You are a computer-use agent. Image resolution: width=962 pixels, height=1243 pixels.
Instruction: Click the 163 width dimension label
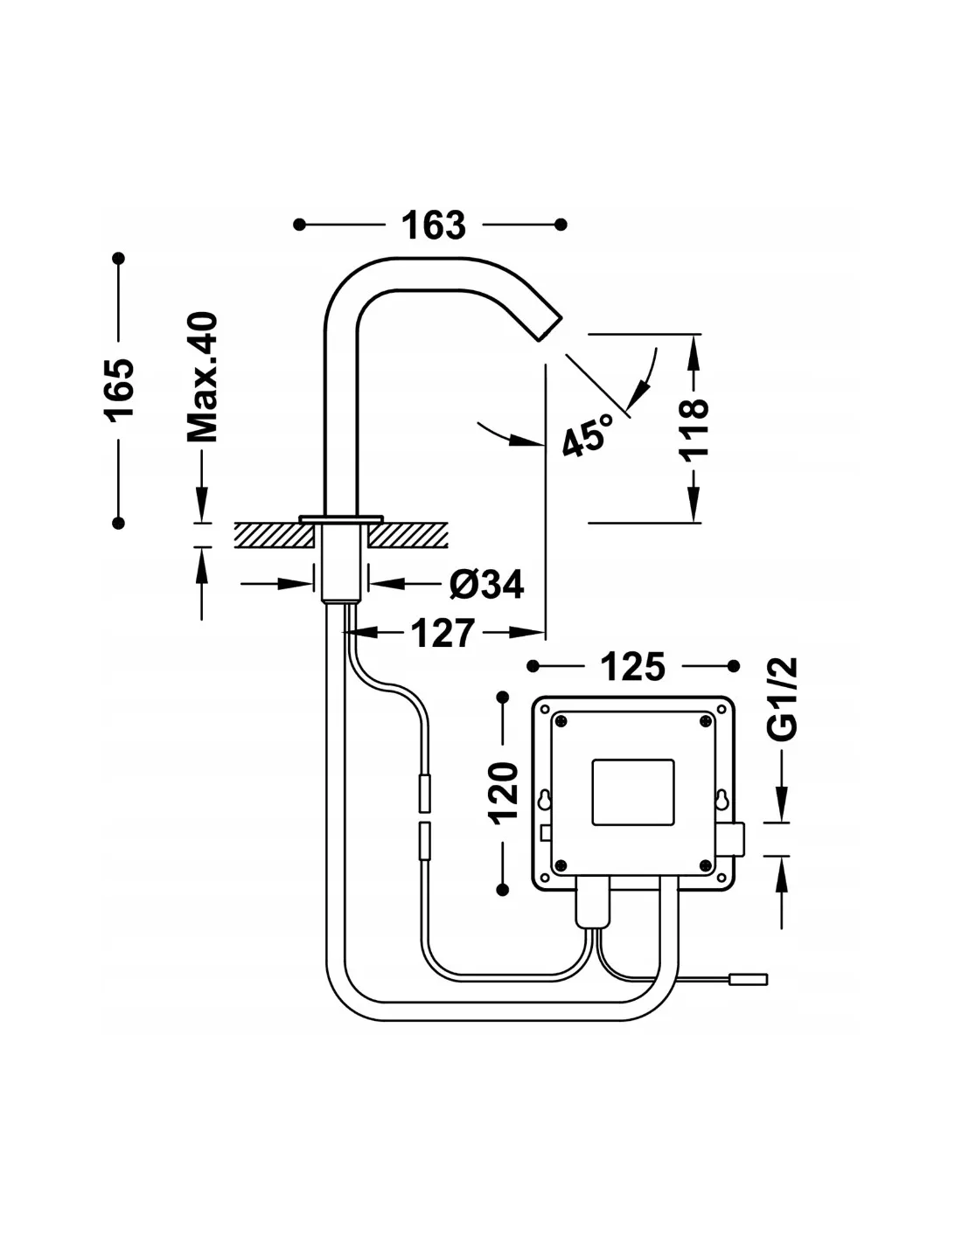tap(433, 225)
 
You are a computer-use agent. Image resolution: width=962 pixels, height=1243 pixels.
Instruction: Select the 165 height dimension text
tap(119, 390)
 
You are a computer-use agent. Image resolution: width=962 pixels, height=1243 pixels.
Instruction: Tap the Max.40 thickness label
tap(203, 377)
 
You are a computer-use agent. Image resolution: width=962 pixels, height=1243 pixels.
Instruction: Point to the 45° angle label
tap(587, 435)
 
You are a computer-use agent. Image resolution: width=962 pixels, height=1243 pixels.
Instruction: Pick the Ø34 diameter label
tap(486, 584)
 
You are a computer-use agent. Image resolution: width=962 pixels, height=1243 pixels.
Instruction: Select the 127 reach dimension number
tap(443, 633)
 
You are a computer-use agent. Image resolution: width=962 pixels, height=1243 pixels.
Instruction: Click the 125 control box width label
tap(632, 666)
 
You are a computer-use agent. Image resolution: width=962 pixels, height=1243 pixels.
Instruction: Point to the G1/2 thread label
tap(782, 699)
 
